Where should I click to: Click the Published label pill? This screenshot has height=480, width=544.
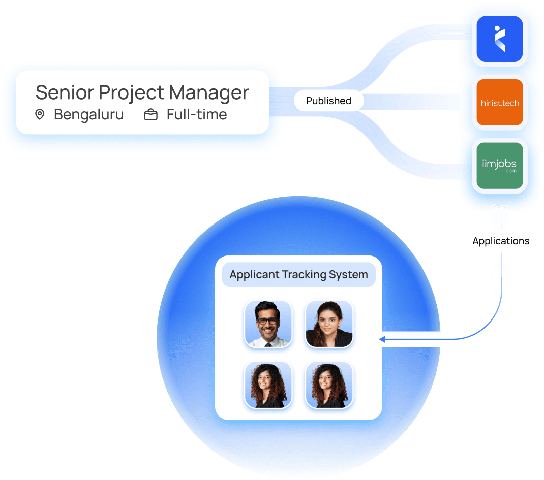pos(328,101)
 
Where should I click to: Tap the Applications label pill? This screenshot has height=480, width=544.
pos(501,241)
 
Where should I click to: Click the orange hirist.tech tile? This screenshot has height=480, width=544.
pos(499,103)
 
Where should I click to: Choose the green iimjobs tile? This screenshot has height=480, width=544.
pos(499,166)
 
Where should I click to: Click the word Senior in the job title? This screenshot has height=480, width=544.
pos(64,92)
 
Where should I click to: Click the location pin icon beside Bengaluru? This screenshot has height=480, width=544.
pos(40,115)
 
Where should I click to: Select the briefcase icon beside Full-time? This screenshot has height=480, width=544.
pos(151,115)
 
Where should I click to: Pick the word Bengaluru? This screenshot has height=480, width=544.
pos(88,115)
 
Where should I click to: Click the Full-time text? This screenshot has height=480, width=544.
pos(197,115)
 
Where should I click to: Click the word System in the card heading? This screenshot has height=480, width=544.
pos(350,275)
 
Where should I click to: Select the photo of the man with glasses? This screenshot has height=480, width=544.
pos(268,324)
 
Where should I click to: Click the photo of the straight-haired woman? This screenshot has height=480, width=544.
pos(329,324)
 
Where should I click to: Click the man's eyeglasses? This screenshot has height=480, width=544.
pos(268,321)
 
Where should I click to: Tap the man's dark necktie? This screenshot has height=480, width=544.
pos(268,344)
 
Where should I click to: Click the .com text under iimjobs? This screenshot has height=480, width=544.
pos(510,171)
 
